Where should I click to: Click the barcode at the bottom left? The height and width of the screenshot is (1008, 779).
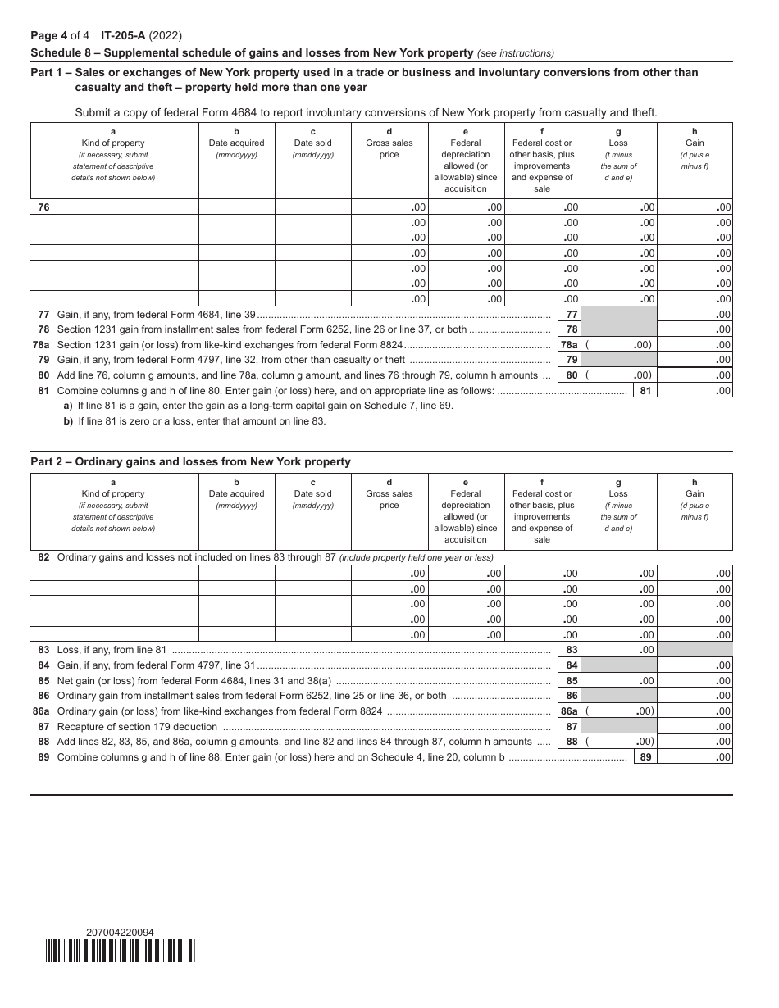(120, 950)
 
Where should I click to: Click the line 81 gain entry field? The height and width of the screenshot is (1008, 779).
(695, 391)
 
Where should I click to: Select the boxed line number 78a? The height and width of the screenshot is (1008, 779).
(569, 345)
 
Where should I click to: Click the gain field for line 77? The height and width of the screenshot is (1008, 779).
(695, 315)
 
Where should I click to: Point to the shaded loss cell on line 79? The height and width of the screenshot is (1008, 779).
(618, 360)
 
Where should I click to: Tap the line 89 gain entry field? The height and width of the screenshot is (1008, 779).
(695, 757)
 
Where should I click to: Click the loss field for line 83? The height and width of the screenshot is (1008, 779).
(618, 650)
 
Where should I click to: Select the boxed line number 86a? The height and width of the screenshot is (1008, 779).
(569, 711)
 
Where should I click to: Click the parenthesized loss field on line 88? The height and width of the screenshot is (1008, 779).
(618, 742)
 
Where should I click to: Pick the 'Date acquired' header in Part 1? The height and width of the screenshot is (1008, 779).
(236, 143)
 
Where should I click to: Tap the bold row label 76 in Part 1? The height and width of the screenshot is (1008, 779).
(43, 207)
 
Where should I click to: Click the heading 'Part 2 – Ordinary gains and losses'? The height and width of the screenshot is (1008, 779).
(190, 462)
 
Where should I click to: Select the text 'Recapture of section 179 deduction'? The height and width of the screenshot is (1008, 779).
(137, 727)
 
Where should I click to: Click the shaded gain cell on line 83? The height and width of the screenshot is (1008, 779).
(695, 650)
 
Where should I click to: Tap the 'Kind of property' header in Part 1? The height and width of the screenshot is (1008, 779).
(113, 143)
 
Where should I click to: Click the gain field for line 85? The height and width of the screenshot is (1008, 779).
(695, 681)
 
